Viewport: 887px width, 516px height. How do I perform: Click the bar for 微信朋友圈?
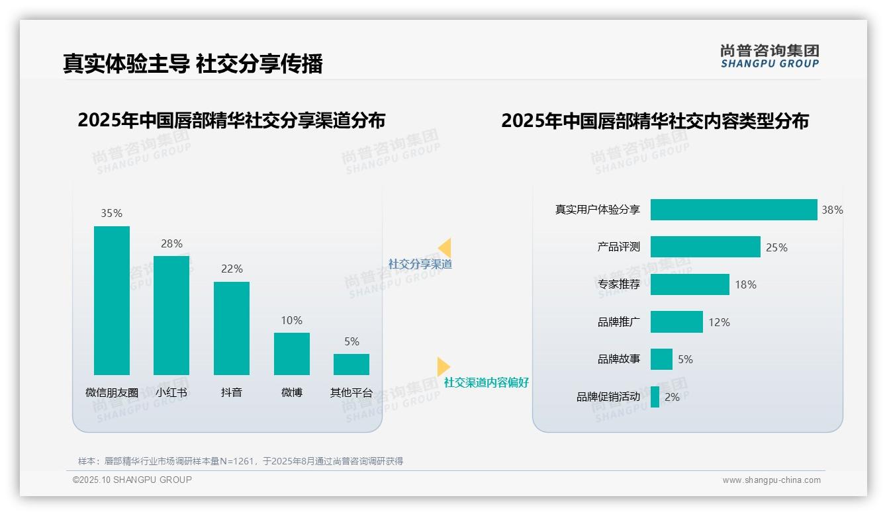[x=112, y=300]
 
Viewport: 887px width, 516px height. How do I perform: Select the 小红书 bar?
[x=171, y=315]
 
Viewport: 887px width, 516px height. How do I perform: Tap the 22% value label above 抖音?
[x=232, y=269]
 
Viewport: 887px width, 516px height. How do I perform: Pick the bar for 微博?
[x=291, y=353]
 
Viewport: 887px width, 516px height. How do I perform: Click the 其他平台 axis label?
[x=351, y=392]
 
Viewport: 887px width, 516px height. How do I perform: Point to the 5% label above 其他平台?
[x=351, y=341]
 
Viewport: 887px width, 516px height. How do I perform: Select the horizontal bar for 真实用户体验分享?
[x=733, y=210]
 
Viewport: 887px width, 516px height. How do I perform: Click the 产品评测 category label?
[x=618, y=247]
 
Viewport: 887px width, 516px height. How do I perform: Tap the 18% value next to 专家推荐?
[x=745, y=284]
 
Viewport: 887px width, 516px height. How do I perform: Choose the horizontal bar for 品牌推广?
[x=677, y=322]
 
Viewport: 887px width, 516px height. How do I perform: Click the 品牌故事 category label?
[x=618, y=359]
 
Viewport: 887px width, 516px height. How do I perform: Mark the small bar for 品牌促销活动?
[x=655, y=397]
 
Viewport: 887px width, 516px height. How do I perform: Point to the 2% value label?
[x=672, y=397]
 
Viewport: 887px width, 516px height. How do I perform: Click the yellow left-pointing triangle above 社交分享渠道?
[x=445, y=247]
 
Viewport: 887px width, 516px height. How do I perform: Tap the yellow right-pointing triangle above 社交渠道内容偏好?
[x=443, y=366]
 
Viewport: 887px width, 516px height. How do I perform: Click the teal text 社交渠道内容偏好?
[x=486, y=382]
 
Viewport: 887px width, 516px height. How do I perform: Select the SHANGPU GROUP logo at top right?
[x=769, y=56]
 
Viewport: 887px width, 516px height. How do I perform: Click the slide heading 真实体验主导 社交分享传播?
[x=193, y=64]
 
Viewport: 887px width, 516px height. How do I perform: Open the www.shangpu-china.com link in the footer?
[x=771, y=480]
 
